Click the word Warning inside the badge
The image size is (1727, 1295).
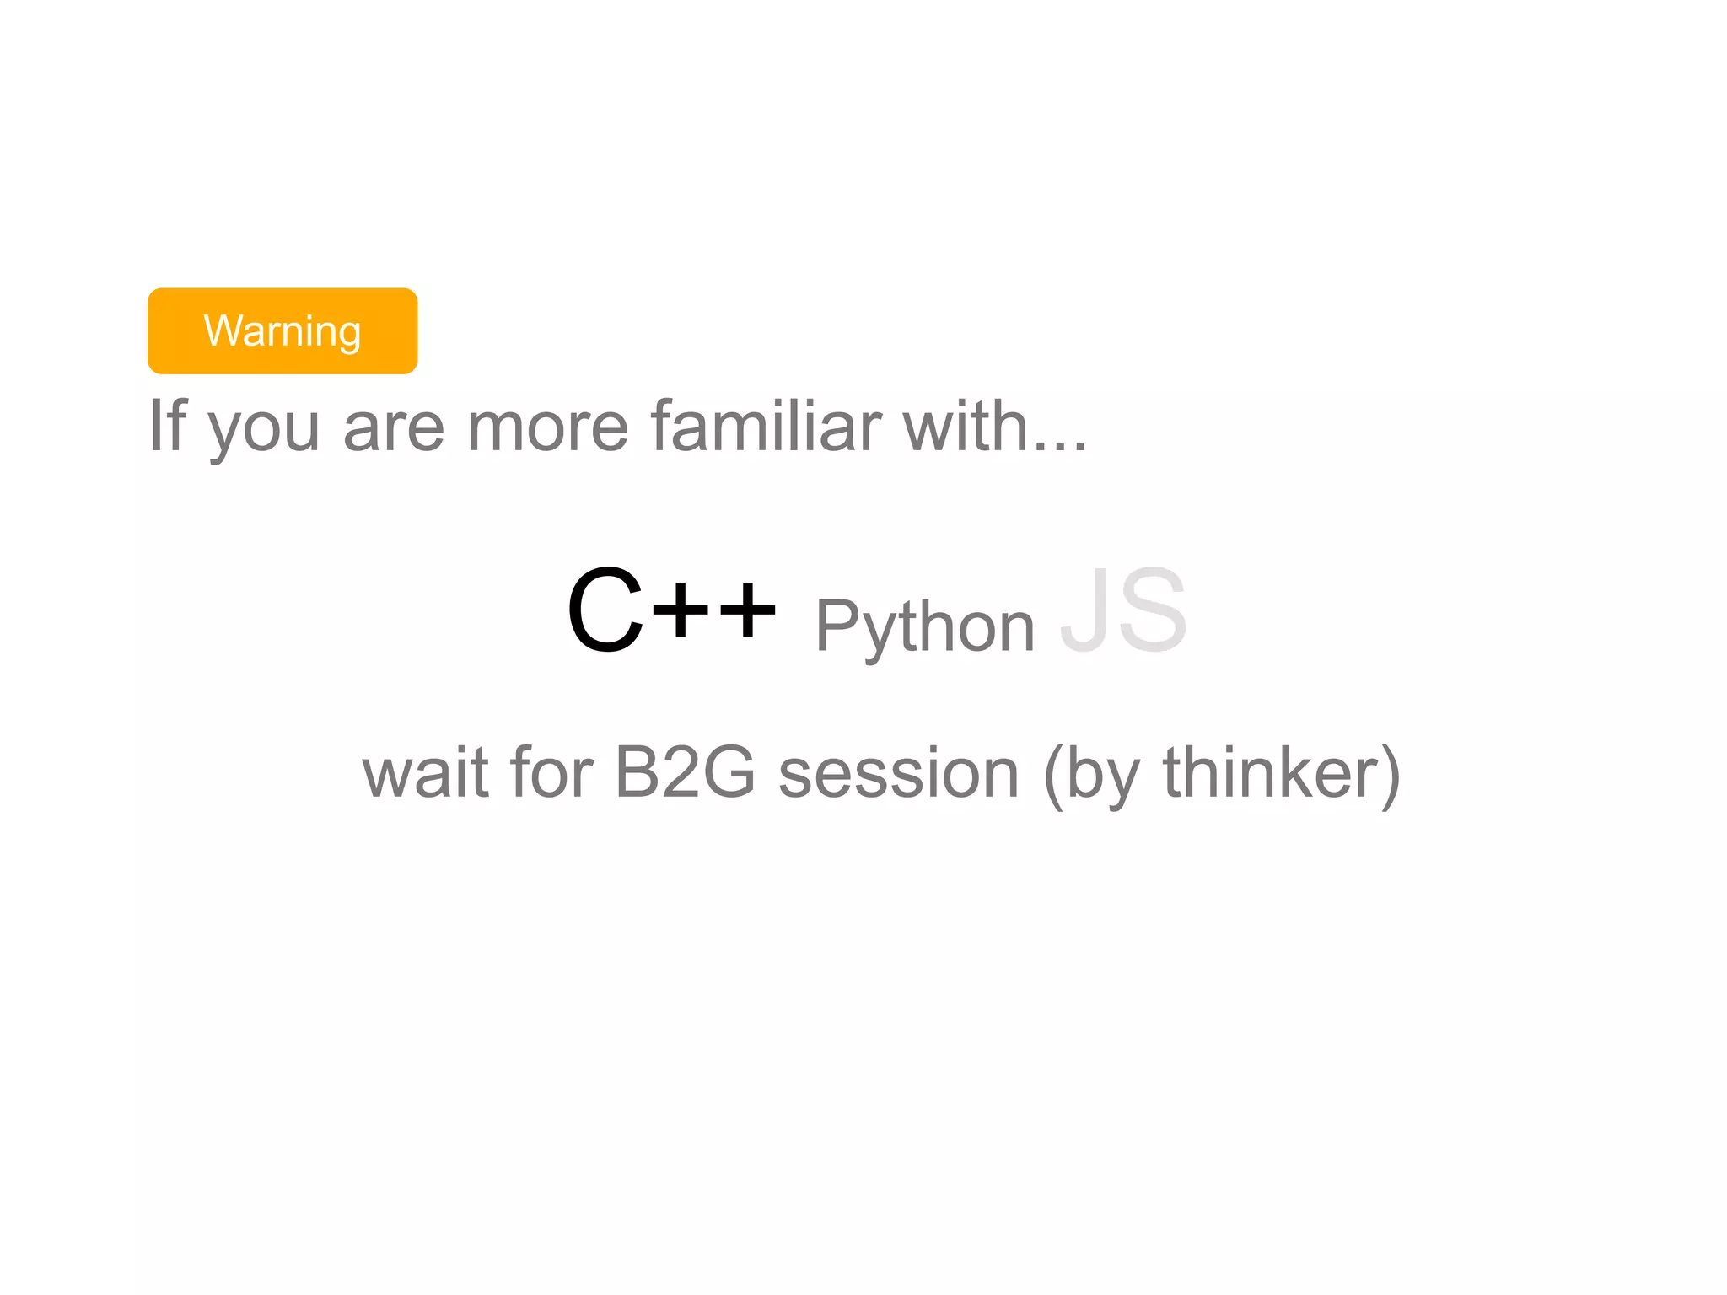pyautogui.click(x=282, y=330)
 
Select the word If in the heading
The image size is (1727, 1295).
pyautogui.click(x=166, y=426)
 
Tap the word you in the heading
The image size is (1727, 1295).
pyautogui.click(x=264, y=430)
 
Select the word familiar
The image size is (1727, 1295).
pyautogui.click(x=766, y=426)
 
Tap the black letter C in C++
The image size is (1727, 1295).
pyautogui.click(x=605, y=609)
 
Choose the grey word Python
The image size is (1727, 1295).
pyautogui.click(x=925, y=628)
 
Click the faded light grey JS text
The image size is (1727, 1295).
pyautogui.click(x=1123, y=609)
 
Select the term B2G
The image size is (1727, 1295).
pyautogui.click(x=685, y=772)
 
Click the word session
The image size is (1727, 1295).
pyautogui.click(x=899, y=774)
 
